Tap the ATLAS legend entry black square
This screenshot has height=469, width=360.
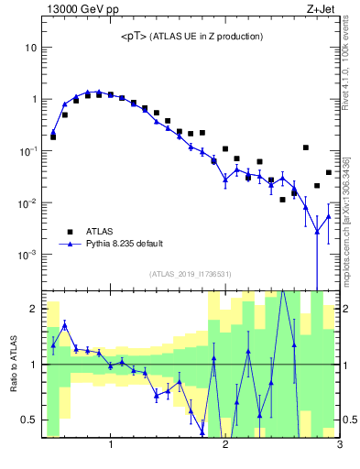[x=68, y=232]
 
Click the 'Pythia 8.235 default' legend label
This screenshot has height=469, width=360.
[x=126, y=245]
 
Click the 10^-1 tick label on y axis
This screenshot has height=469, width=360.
[x=29, y=150]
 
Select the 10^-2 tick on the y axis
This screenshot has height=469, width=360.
[x=29, y=202]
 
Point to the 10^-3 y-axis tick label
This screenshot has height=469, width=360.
[x=29, y=255]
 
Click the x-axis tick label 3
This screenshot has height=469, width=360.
[x=339, y=446]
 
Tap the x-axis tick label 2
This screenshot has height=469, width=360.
[x=225, y=446]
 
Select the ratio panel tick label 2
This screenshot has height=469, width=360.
[x=33, y=309]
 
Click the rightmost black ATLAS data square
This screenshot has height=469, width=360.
[x=328, y=172]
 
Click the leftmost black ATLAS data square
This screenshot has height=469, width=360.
[x=53, y=136]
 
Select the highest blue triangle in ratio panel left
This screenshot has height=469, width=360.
[x=64, y=325]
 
